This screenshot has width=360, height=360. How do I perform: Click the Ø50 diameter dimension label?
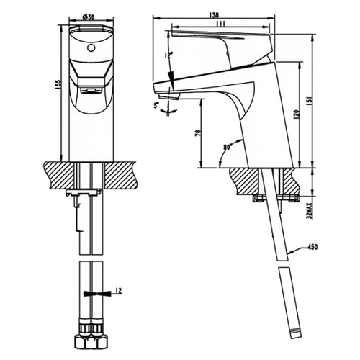[x=88, y=17]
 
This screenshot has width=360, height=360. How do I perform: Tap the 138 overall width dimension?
[x=214, y=15]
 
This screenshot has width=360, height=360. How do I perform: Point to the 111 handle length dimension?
[x=220, y=24]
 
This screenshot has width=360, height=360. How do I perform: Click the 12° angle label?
[x=168, y=55]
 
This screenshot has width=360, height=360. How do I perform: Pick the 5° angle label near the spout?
[x=157, y=104]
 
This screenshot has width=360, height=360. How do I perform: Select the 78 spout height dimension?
[x=198, y=133]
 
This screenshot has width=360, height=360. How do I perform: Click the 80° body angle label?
[x=227, y=147]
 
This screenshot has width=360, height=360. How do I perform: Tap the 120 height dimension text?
[x=296, y=115]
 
